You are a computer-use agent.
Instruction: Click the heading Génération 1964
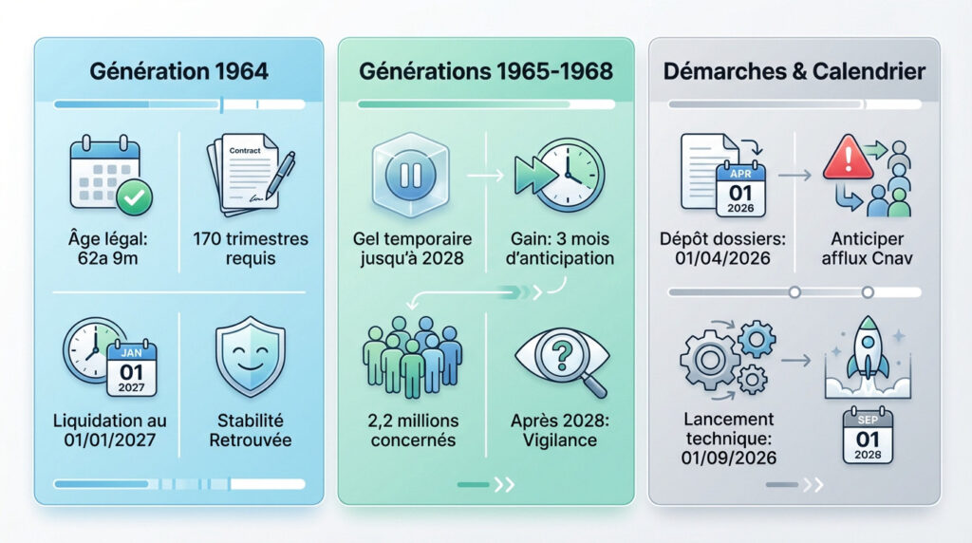tap(179, 70)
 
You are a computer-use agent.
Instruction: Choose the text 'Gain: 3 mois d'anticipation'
tap(562, 249)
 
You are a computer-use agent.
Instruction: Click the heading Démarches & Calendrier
tap(794, 70)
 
